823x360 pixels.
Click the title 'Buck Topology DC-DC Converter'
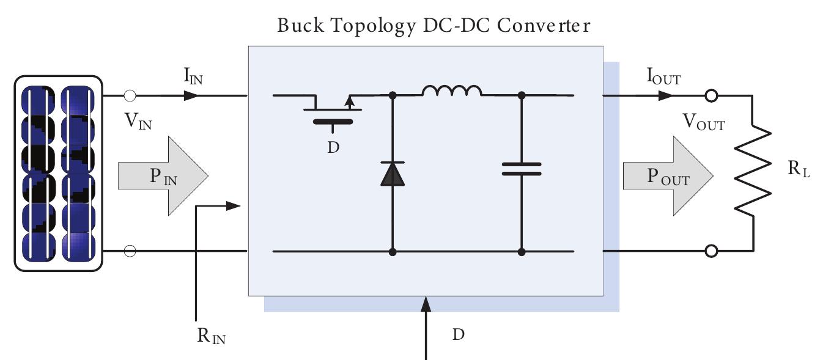[x=434, y=26]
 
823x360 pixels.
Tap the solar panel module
[x=58, y=173]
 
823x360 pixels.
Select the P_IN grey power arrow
[x=163, y=176]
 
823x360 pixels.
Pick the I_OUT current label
[x=663, y=78]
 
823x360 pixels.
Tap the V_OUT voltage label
[x=704, y=124]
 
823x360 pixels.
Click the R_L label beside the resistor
[x=799, y=169]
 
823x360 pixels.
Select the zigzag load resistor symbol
[x=752, y=172]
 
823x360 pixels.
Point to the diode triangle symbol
[x=393, y=174]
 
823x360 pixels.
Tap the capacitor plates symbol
[x=522, y=169]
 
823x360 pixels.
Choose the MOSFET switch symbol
[x=333, y=110]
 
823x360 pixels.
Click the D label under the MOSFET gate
[x=333, y=147]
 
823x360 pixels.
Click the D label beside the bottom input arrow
[x=458, y=334]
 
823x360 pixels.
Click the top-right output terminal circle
[x=711, y=96]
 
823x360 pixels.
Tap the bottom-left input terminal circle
[x=130, y=251]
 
